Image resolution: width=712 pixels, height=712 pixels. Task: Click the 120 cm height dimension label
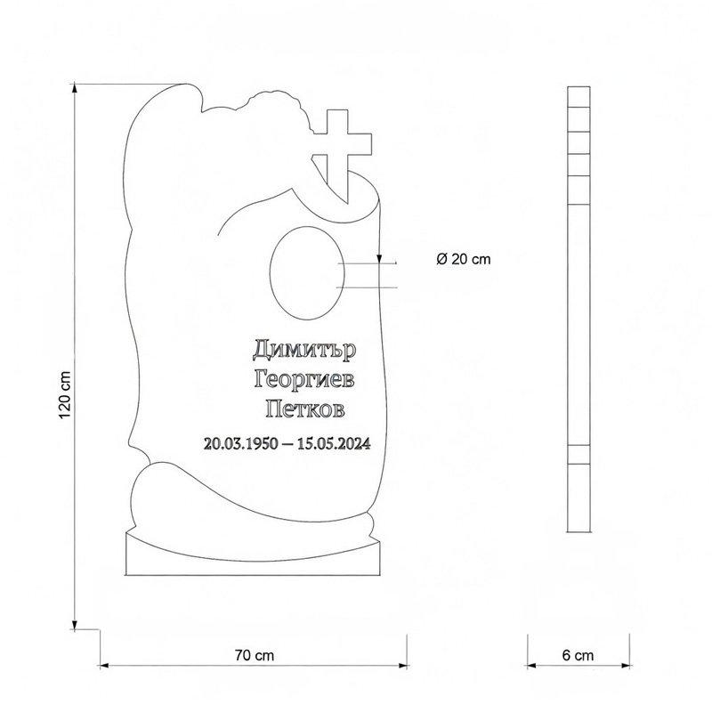pos(65,394)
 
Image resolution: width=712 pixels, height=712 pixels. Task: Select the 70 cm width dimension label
pos(255,655)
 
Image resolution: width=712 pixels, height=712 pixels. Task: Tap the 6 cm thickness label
pos(578,655)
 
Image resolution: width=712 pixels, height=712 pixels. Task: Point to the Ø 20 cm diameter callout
pos(464,259)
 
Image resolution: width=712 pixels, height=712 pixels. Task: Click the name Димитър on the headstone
pos(304,350)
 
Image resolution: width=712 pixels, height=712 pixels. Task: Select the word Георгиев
pos(304,380)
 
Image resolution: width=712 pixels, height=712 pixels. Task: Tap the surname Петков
pos(305,409)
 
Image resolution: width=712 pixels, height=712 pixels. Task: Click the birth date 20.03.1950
pos(240,443)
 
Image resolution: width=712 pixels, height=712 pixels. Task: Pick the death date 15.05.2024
pos(334,443)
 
